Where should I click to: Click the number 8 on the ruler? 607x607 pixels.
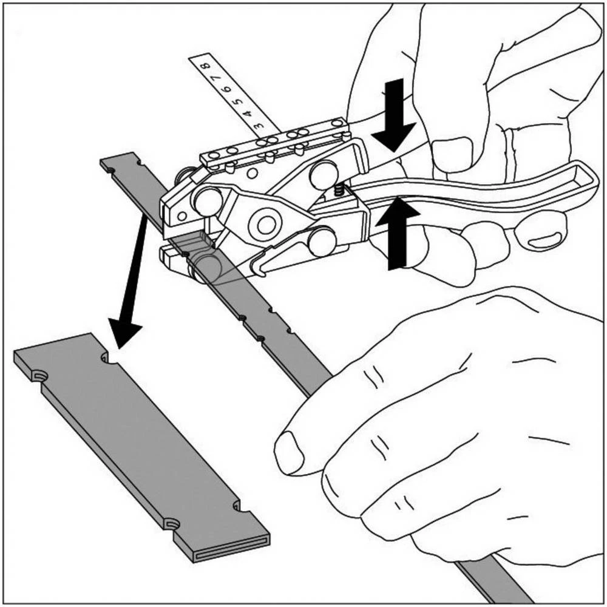pos(207,65)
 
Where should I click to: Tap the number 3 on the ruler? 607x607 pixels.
pos(258,125)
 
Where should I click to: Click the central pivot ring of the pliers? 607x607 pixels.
pos(265,225)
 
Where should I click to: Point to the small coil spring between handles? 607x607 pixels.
pos(338,189)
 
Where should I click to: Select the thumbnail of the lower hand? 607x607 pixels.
pos(288,453)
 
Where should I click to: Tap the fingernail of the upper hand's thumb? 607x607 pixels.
pos(452,155)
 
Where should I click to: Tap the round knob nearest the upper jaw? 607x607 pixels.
pos(209,201)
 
